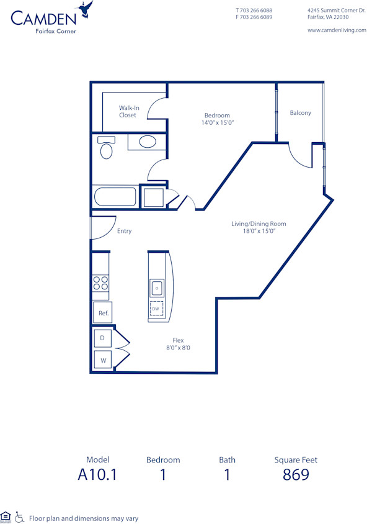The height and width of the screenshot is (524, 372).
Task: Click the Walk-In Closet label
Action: tap(128, 112)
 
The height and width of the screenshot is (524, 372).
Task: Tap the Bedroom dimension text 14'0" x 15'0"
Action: tap(217, 123)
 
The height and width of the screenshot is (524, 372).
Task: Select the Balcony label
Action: tap(300, 113)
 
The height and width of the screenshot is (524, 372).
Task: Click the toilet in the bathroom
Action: tap(106, 148)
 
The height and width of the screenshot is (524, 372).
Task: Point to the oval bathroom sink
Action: tap(148, 142)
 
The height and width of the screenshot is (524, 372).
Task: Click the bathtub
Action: tap(115, 197)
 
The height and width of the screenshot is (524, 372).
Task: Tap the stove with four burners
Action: tap(100, 283)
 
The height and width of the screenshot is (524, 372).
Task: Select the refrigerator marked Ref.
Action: tap(103, 314)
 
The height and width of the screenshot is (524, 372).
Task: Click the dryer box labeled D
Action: tap(103, 338)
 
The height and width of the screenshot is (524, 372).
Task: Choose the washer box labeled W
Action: tap(103, 359)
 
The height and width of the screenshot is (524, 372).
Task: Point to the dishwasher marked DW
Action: tap(156, 309)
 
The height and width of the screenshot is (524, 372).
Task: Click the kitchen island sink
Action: tap(157, 288)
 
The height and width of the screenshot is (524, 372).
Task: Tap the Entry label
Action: tap(124, 232)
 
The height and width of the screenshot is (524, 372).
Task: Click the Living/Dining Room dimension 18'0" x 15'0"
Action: tap(258, 231)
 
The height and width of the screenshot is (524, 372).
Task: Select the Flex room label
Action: tap(178, 340)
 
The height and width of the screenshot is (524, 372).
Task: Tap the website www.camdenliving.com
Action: tap(337, 30)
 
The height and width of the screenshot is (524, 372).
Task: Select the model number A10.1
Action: tap(98, 476)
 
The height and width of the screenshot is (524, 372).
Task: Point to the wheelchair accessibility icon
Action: tap(19, 517)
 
